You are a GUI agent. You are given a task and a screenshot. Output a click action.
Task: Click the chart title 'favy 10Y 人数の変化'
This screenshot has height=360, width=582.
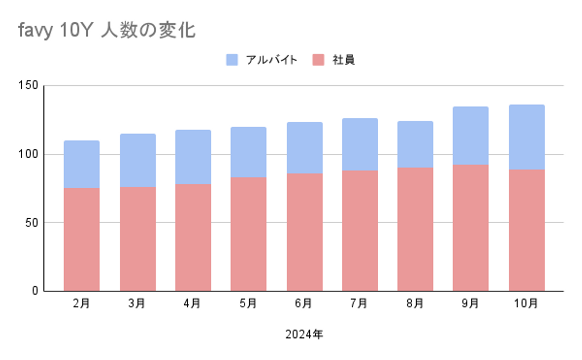tap(107, 30)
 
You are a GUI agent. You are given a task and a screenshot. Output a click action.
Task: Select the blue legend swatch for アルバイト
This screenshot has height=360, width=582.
tap(232, 60)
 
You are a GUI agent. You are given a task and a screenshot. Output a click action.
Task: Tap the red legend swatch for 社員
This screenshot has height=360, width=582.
tap(318, 60)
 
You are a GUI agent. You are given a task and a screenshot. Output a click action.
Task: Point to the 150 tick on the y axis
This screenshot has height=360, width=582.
tap(28, 85)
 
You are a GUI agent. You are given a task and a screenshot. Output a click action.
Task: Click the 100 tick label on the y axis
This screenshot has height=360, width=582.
tap(28, 154)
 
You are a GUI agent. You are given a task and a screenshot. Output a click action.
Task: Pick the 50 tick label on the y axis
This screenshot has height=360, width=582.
tap(31, 222)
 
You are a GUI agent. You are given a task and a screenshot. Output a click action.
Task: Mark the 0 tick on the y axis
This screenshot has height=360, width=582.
tap(35, 291)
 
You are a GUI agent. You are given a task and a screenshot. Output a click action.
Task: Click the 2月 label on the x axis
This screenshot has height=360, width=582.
tap(81, 303)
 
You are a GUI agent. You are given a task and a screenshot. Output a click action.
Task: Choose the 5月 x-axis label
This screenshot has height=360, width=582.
tap(248, 303)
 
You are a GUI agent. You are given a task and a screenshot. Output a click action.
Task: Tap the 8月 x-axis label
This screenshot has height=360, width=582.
tap(415, 303)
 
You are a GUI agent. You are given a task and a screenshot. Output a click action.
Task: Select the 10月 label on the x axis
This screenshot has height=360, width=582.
tap(526, 303)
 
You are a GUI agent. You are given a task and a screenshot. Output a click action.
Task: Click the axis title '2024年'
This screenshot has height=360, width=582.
tap(304, 335)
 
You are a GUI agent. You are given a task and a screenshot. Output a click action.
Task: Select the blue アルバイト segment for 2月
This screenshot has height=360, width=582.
tap(81, 164)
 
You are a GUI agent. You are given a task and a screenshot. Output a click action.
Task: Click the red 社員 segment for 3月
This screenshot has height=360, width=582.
tap(137, 239)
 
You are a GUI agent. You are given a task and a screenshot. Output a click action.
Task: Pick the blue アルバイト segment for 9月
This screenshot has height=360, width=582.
tap(470, 136)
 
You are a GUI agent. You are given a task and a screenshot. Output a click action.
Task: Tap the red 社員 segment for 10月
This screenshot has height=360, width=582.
tap(526, 230)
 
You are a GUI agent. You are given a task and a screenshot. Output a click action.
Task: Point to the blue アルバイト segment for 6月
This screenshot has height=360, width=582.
tap(304, 148)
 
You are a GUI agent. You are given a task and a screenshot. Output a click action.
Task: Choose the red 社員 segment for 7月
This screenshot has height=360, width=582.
tap(360, 231)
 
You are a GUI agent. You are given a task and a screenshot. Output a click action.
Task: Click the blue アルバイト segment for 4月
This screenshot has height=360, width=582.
tap(193, 157)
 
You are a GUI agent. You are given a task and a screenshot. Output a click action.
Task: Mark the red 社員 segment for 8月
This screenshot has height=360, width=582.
tap(415, 229)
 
